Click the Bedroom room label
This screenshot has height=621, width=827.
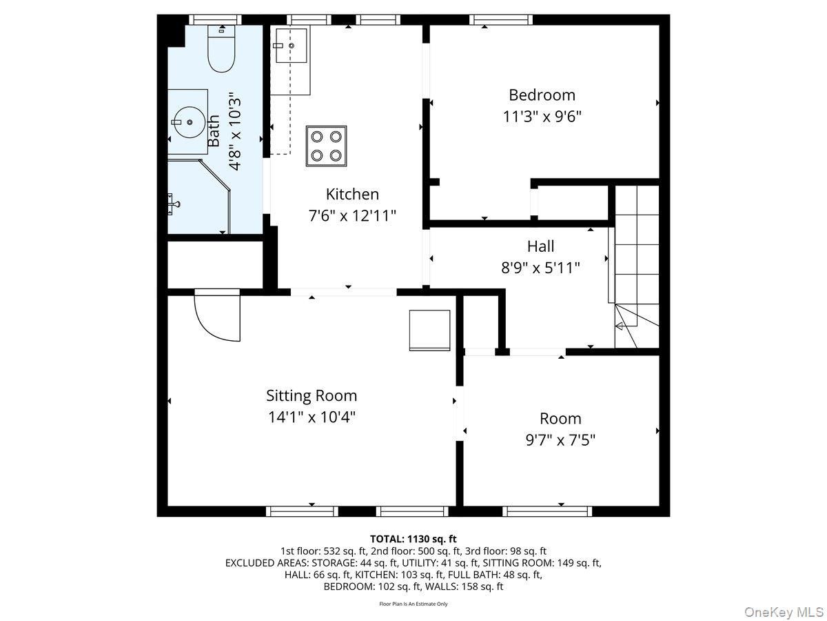pyautogui.click(x=542, y=95)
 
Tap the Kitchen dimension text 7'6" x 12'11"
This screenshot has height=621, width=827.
pyautogui.click(x=352, y=216)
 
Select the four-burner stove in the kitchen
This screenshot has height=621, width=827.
pyautogui.click(x=325, y=146)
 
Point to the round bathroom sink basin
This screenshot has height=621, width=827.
pyautogui.click(x=188, y=122)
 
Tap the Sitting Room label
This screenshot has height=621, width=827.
pyautogui.click(x=312, y=395)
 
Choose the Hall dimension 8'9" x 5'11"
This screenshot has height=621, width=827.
pyautogui.click(x=540, y=268)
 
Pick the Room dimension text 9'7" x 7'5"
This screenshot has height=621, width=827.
pyautogui.click(x=560, y=440)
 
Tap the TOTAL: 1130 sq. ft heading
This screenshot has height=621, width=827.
pyautogui.click(x=413, y=539)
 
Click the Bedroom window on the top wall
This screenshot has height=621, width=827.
pyautogui.click(x=501, y=19)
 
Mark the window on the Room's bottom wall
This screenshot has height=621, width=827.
pyautogui.click(x=547, y=511)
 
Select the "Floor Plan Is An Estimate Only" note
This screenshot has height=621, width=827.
pyautogui.click(x=413, y=604)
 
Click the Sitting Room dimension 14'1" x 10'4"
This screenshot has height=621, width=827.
pyautogui.click(x=312, y=417)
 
